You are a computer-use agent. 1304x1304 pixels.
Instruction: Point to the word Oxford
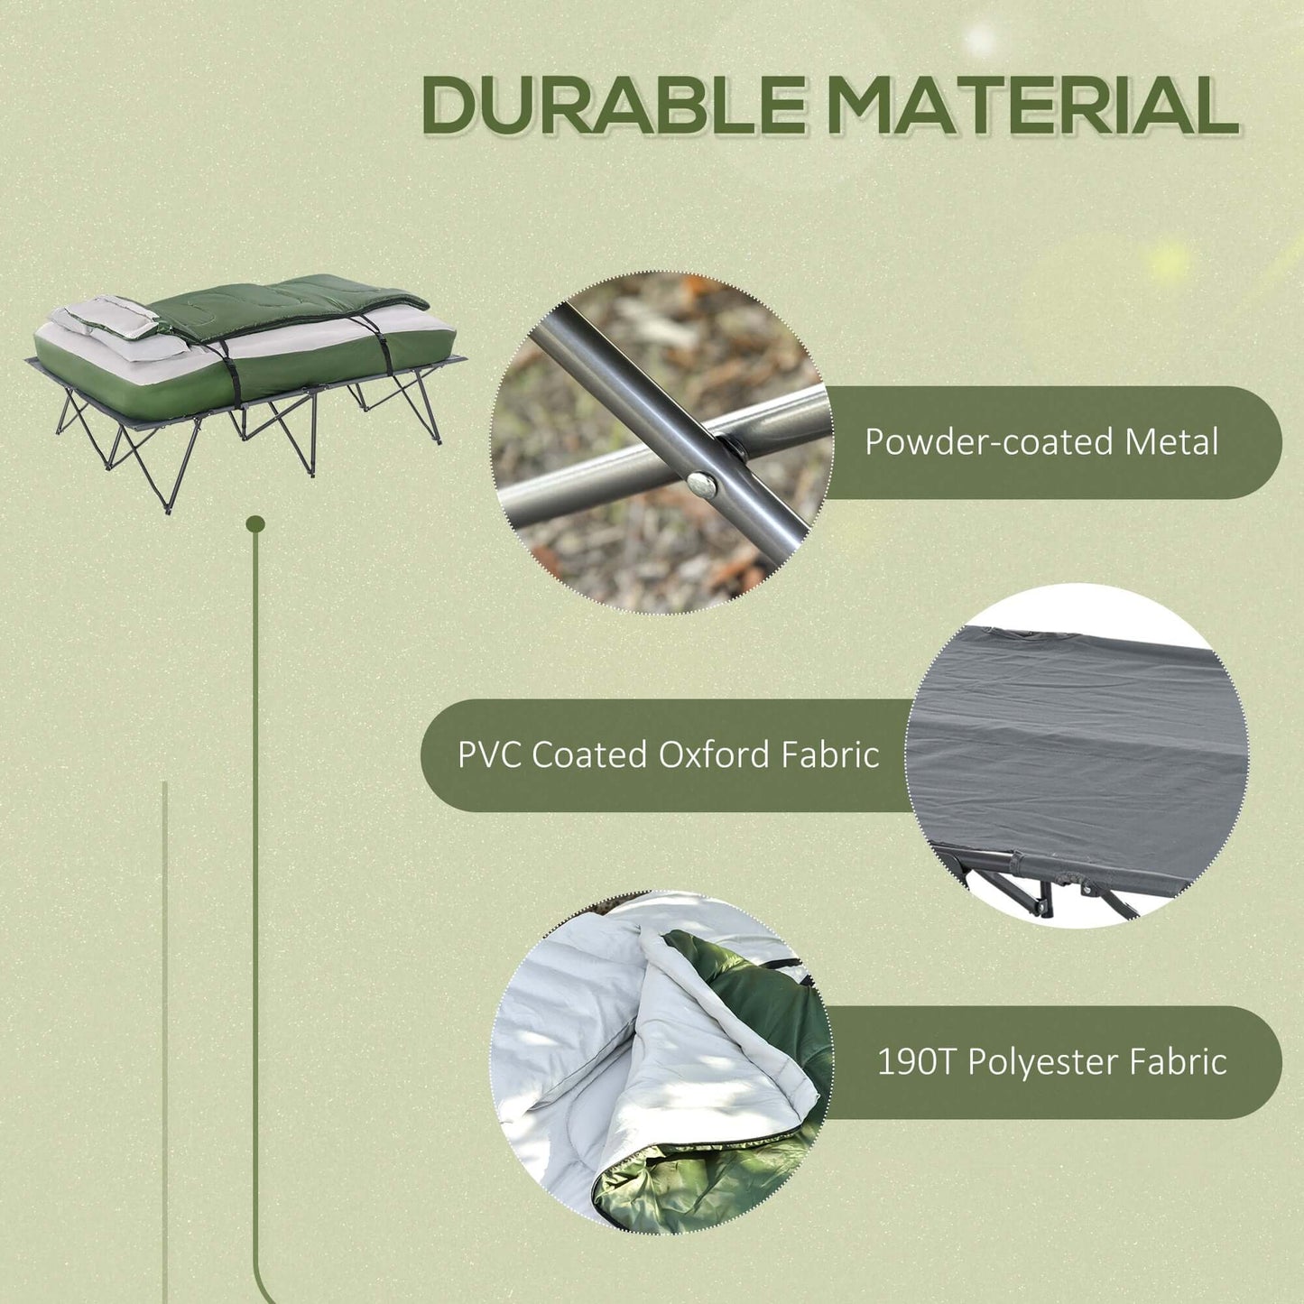pyautogui.click(x=714, y=754)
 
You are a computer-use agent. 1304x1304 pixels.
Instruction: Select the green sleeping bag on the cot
pyautogui.click(x=289, y=307)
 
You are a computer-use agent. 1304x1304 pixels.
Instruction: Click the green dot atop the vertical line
pyautogui.click(x=255, y=523)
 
